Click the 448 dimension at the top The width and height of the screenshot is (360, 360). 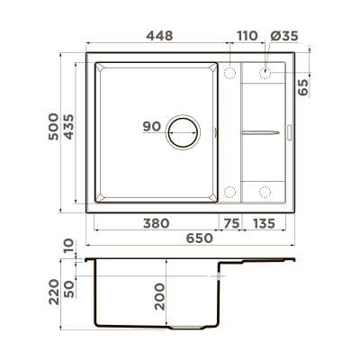click(x=157, y=34)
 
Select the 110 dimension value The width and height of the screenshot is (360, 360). click(x=246, y=34)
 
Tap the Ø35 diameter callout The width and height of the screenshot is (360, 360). click(x=283, y=34)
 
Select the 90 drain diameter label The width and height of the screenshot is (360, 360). click(x=151, y=127)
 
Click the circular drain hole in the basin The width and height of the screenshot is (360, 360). click(x=185, y=131)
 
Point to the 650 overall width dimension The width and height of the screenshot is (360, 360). click(x=199, y=238)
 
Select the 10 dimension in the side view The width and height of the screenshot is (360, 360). click(x=70, y=246)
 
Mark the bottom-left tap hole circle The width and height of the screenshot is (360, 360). click(x=229, y=191)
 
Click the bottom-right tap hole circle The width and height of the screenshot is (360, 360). click(x=266, y=191)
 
